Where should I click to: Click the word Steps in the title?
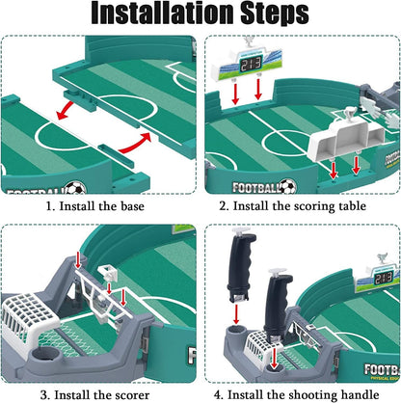coord(275,14)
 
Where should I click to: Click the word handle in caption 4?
coord(360,394)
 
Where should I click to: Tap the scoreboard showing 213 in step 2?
coord(246,64)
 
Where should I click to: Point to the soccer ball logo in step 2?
coord(287,186)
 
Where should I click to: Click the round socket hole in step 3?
coord(47,355)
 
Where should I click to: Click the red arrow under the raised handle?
coord(236,314)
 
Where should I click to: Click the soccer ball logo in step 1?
coord(75,188)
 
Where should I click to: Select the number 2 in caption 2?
coord(223,206)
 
